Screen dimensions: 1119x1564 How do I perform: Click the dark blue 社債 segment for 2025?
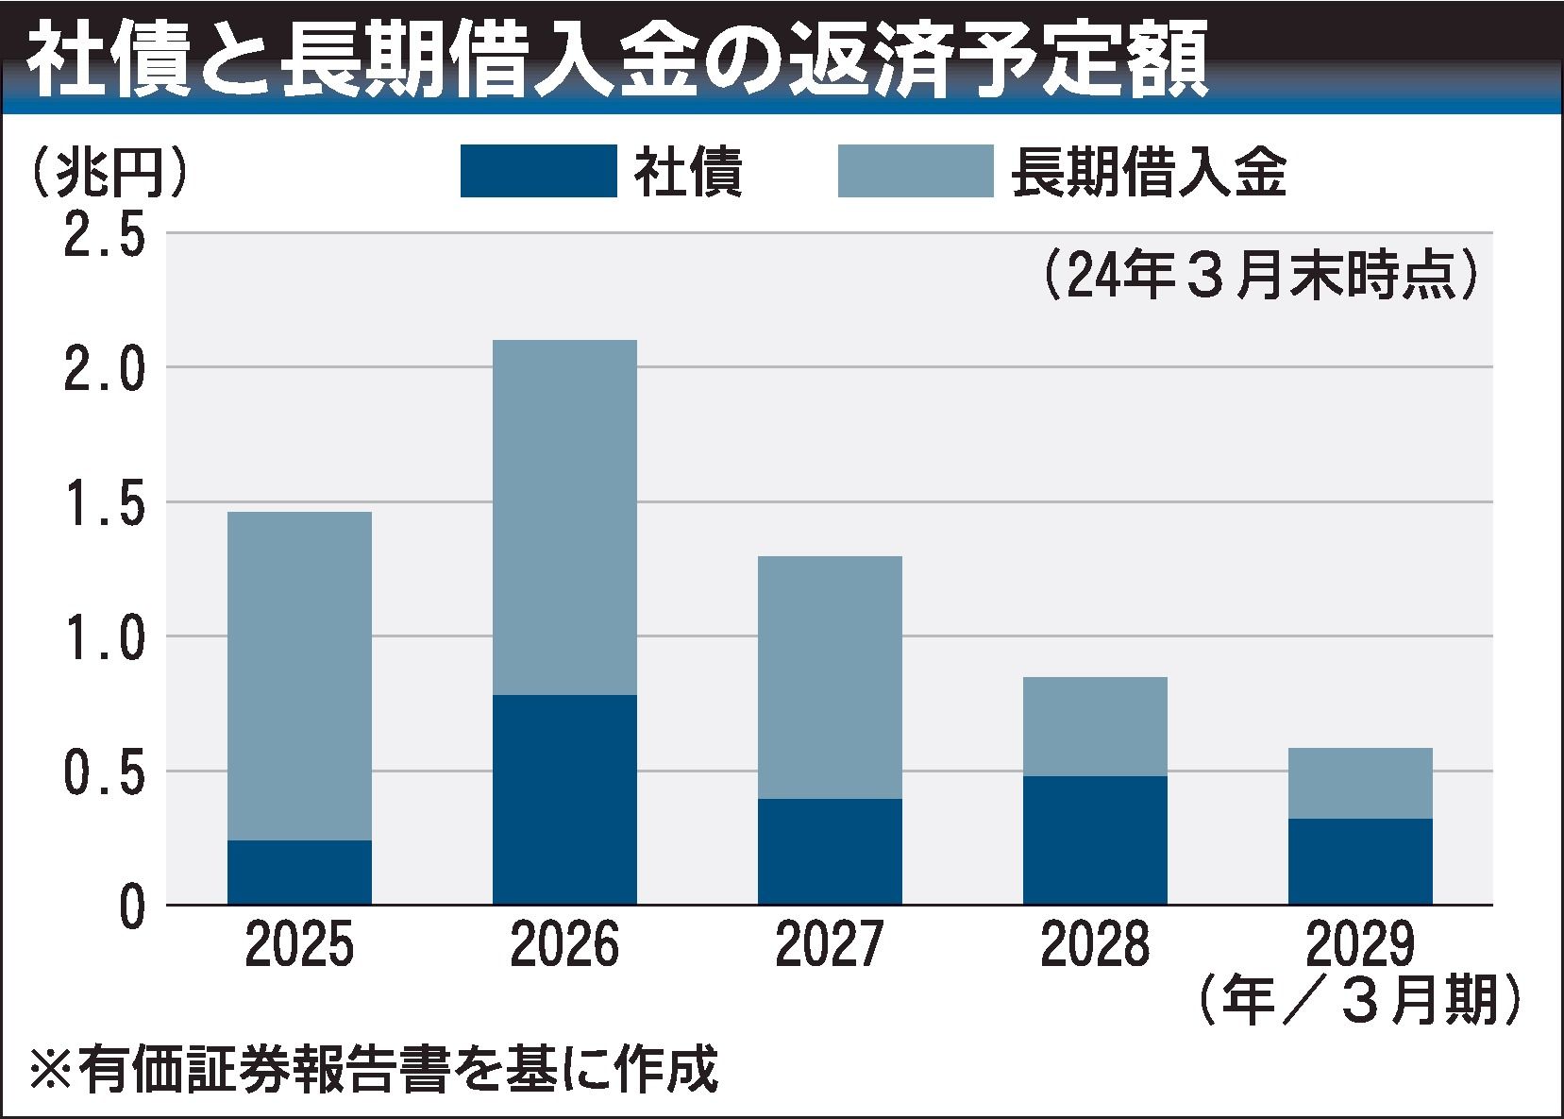click(299, 873)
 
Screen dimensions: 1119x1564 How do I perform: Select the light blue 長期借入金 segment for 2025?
click(299, 676)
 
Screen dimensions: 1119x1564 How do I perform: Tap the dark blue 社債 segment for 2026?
click(564, 800)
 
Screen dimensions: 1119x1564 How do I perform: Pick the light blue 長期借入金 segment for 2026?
click(564, 517)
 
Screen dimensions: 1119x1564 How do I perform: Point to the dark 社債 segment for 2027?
click(830, 852)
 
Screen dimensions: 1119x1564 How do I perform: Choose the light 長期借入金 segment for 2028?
click(1095, 726)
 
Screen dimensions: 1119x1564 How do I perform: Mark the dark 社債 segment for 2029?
click(1360, 861)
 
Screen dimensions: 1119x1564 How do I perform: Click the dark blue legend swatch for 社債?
click(538, 171)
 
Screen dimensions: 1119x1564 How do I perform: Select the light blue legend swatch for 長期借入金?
click(916, 171)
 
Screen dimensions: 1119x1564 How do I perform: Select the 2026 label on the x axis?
click(564, 945)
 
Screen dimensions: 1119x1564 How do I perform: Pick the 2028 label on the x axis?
click(1095, 945)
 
